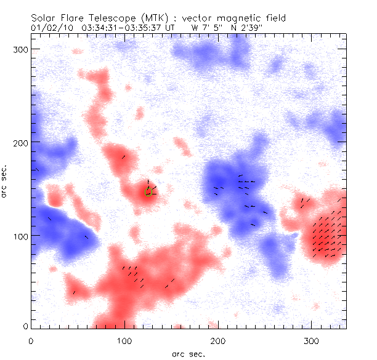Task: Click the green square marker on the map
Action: [148, 192]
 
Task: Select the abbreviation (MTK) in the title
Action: [163, 18]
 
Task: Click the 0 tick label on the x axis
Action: [31, 340]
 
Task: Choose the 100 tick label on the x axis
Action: [124, 340]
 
